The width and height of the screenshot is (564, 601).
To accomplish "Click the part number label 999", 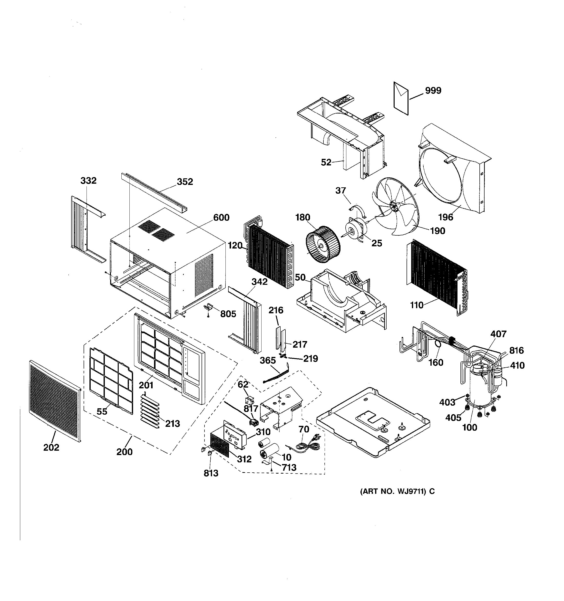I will (433, 90).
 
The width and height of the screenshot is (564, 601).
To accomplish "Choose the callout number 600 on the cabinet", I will (221, 217).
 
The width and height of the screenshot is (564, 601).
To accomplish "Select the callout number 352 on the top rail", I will (185, 181).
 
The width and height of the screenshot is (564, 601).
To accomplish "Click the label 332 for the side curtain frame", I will (88, 181).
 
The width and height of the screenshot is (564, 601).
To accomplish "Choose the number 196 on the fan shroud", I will (446, 217).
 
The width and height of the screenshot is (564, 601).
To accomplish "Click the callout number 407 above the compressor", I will (498, 334).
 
